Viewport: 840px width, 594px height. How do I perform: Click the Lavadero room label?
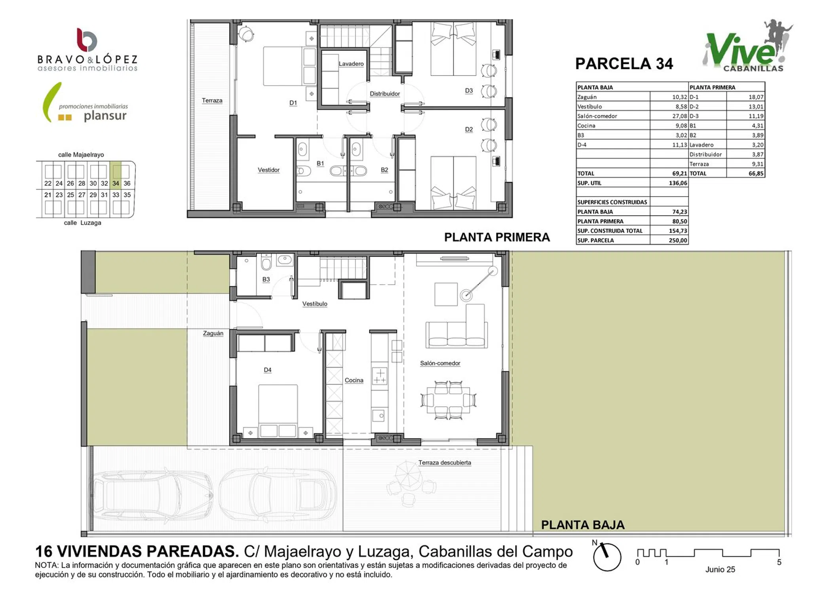coord(351,64)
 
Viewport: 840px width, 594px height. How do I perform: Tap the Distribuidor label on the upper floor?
coord(385,94)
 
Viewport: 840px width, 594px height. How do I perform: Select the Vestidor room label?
coord(269,170)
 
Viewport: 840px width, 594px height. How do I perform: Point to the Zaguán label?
coord(213,333)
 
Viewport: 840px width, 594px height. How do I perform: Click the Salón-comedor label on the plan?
coord(440,363)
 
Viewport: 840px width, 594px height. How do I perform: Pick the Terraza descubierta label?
coord(445,463)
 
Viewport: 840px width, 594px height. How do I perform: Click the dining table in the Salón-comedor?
coord(448,400)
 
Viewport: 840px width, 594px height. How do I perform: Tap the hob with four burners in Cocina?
coord(379,376)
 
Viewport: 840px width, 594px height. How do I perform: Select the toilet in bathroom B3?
coord(266,262)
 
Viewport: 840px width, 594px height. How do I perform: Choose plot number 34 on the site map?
coord(116,183)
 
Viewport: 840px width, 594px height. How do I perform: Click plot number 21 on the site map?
coord(48,195)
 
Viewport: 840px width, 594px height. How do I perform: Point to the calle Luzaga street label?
coord(83,223)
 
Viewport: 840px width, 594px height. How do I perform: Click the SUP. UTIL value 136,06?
coord(678,183)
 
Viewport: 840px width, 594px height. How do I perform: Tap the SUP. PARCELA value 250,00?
coord(678,240)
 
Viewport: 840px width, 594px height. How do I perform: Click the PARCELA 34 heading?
coord(624,64)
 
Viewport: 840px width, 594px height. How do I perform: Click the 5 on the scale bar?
coord(779,562)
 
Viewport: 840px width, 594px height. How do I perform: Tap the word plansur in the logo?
coord(105,116)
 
